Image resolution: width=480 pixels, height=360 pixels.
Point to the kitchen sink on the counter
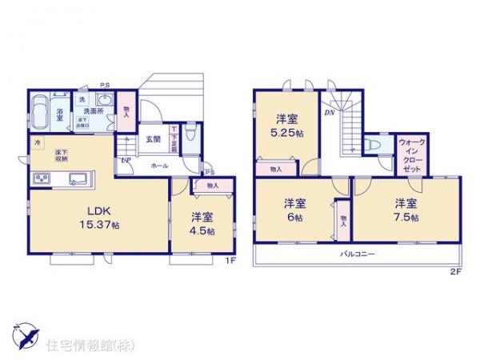(78, 178)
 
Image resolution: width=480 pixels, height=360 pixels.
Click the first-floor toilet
(188, 136)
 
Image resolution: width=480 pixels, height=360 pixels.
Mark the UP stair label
(126, 161)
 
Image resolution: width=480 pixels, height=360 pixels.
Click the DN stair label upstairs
(329, 113)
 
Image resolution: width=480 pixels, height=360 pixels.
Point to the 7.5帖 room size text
(406, 218)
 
